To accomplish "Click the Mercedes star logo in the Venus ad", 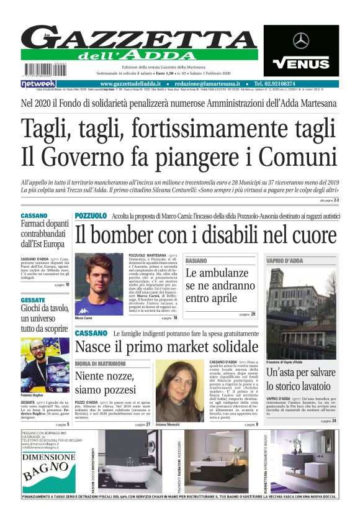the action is [x=301, y=40].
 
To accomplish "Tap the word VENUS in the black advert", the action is [x=301, y=63].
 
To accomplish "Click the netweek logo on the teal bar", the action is [x=38, y=83].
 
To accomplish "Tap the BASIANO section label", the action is [x=196, y=260].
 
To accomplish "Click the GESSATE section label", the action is [x=33, y=299].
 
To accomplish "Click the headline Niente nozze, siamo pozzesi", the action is [x=106, y=383].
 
